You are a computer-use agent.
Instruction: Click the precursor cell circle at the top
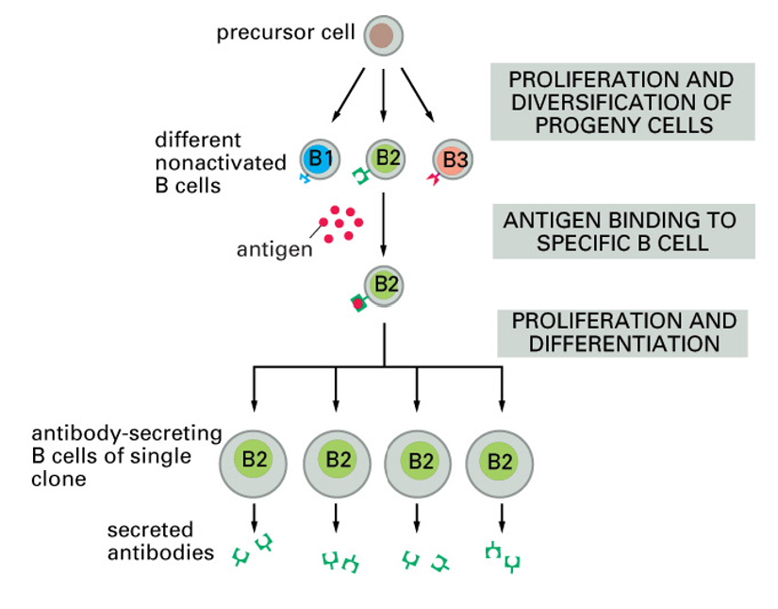[x=382, y=35]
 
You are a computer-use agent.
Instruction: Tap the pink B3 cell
[x=453, y=160]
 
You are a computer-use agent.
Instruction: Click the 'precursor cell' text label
[x=286, y=34]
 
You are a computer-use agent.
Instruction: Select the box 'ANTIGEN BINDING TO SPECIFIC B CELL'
[x=620, y=231]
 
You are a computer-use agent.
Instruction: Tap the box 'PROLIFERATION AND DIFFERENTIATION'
[x=622, y=332]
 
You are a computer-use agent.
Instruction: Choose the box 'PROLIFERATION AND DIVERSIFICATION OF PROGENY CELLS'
[x=621, y=102]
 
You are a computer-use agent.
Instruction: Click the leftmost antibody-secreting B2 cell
[x=254, y=460]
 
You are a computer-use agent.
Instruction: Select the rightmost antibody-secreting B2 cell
[x=500, y=461]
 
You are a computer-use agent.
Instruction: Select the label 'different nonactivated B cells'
[x=220, y=162]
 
